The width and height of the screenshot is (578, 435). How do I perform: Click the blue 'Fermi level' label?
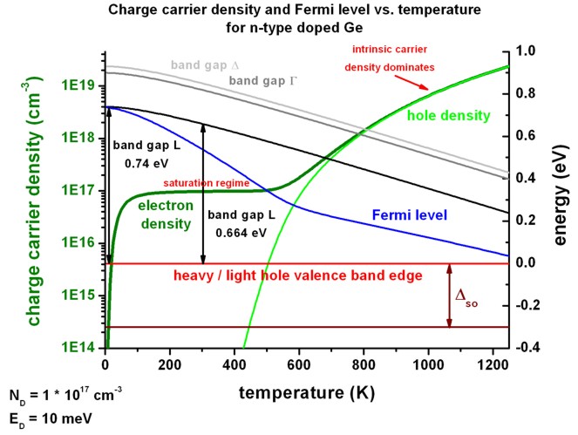tap(409, 214)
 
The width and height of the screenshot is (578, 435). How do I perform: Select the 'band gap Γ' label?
tap(264, 80)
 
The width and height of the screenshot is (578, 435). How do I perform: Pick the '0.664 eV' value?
tap(241, 234)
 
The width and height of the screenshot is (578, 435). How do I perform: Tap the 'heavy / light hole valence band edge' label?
tap(298, 275)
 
